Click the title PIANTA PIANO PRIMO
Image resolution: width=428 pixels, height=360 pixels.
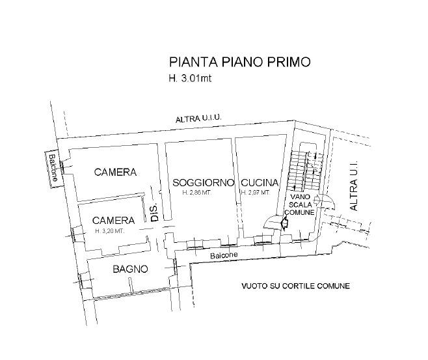(239, 62)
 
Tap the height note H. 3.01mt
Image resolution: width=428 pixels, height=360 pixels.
(190, 78)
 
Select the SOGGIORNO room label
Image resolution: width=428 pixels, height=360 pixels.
(204, 182)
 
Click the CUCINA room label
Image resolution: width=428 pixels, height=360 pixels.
(260, 182)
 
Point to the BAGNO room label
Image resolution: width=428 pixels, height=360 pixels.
(130, 269)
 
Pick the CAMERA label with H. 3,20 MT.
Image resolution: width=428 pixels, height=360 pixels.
(114, 221)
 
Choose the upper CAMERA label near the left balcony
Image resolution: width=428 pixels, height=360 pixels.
(115, 172)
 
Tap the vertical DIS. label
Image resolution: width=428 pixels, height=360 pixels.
(155, 212)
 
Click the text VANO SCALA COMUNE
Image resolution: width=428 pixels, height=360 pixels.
(299, 204)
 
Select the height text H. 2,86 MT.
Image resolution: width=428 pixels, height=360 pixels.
(197, 192)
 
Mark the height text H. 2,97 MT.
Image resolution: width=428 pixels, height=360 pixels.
(255, 192)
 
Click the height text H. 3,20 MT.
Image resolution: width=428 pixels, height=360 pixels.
(110, 231)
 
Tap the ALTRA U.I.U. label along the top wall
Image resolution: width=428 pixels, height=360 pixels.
(198, 118)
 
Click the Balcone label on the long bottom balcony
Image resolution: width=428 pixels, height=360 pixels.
(224, 255)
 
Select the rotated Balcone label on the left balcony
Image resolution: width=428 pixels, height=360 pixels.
(53, 168)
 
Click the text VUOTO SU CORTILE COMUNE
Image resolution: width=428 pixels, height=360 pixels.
(295, 286)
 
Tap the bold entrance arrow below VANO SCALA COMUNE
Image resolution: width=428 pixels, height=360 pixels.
(284, 223)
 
